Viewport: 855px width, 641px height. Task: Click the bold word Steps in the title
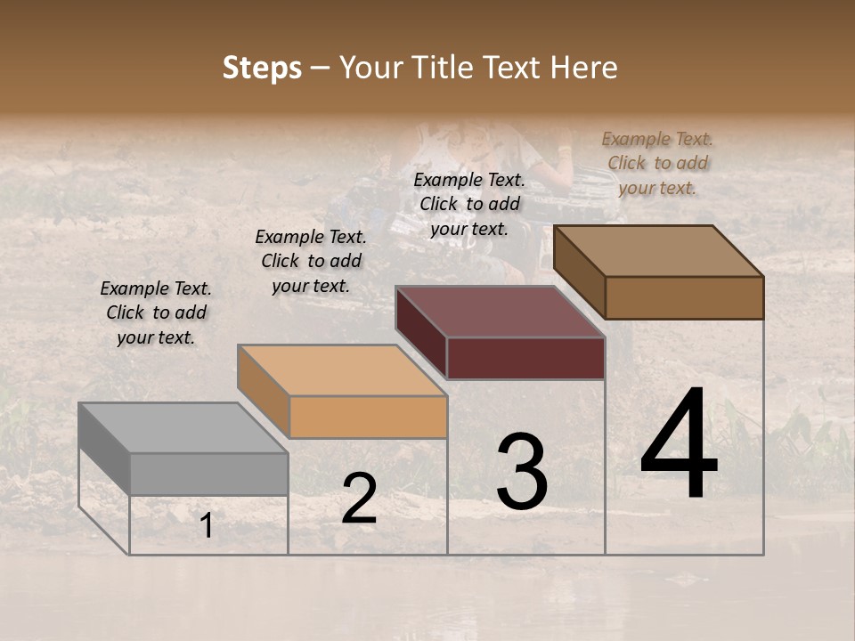(x=262, y=69)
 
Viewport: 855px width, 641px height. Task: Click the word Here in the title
(x=583, y=68)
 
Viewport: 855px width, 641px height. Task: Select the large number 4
(x=679, y=445)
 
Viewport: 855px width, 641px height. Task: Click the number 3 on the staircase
(x=522, y=472)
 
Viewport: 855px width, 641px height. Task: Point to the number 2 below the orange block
(x=359, y=499)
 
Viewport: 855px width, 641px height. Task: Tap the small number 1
(x=206, y=526)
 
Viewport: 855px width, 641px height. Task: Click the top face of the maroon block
(x=500, y=312)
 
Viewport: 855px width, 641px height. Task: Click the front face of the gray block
(x=208, y=474)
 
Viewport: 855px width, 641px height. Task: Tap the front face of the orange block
(x=368, y=417)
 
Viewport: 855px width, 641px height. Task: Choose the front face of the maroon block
(x=525, y=358)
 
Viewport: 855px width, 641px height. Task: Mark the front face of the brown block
(x=684, y=297)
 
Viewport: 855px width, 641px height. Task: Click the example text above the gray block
(x=156, y=312)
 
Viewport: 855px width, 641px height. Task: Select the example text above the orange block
(x=311, y=261)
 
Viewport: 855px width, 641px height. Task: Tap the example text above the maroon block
(x=469, y=204)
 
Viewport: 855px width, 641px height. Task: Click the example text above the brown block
(x=657, y=163)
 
